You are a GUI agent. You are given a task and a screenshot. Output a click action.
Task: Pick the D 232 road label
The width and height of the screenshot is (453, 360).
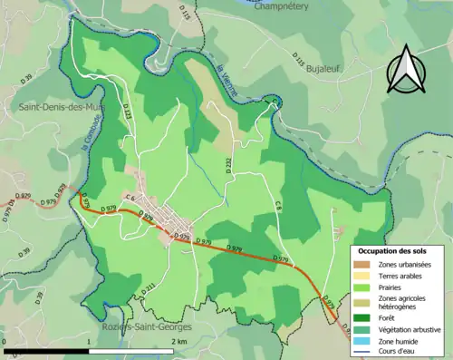[x=228, y=164]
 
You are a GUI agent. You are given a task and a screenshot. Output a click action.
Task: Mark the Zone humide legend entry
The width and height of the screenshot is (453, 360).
[x=396, y=342]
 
